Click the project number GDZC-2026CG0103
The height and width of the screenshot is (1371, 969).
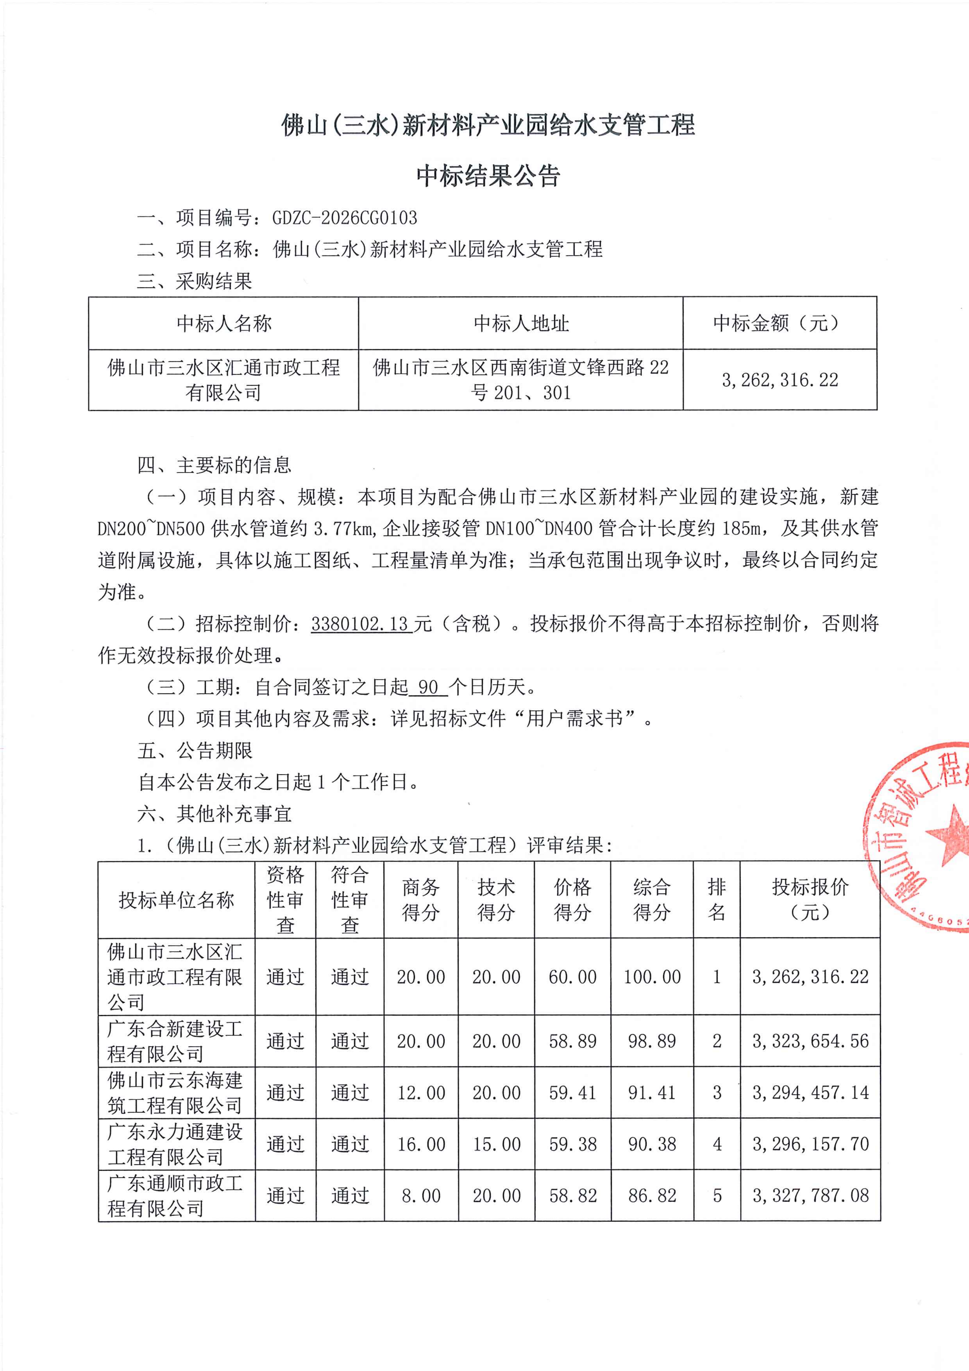tap(344, 217)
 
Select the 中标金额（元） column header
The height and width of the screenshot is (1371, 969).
tap(779, 323)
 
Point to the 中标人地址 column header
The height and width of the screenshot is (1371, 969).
tap(521, 323)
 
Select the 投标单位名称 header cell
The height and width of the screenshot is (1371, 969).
tap(176, 900)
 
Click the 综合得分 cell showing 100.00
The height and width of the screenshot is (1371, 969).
tap(652, 977)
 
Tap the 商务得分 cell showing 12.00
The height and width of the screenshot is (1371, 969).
tap(421, 1093)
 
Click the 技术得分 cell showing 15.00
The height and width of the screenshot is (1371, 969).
tap(496, 1144)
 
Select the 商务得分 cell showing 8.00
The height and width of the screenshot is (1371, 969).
tap(421, 1195)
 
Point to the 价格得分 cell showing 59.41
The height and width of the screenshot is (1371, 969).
tap(572, 1093)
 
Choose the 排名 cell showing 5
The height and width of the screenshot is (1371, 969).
tap(717, 1195)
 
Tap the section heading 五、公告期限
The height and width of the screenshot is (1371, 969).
tap(195, 751)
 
